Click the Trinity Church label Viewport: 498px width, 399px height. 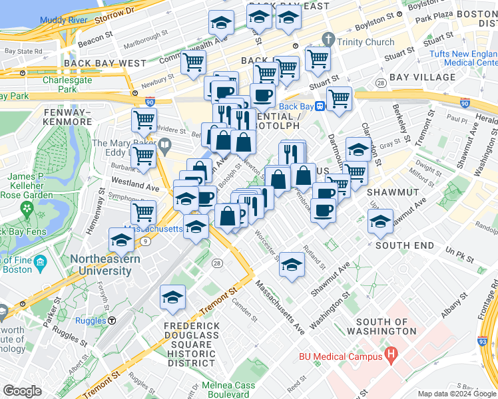point(366,42)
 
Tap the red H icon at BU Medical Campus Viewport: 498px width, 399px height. point(391,356)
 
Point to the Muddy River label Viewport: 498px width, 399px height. point(64,20)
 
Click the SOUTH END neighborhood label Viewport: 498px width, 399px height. point(405,245)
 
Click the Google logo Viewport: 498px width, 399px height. point(22,391)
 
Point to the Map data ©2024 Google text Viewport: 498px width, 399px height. point(457,393)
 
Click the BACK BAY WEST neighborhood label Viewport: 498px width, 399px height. point(105,63)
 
